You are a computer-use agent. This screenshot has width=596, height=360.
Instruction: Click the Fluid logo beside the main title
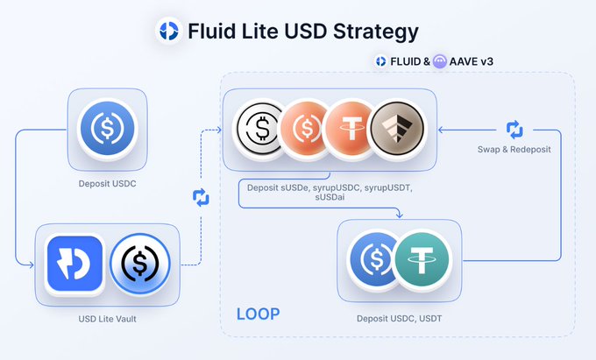click(x=169, y=31)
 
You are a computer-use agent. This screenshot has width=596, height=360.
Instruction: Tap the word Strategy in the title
click(x=375, y=32)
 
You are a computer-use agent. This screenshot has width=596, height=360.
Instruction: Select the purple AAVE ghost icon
click(x=440, y=61)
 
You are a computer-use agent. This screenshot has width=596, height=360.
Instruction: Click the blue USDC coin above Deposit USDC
click(x=108, y=128)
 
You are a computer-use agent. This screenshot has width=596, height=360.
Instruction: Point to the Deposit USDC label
click(x=107, y=183)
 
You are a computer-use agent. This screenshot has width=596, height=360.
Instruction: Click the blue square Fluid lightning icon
click(x=74, y=264)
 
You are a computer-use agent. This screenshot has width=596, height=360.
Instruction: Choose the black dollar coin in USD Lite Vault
click(x=140, y=264)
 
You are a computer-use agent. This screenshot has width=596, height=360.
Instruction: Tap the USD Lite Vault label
click(x=107, y=319)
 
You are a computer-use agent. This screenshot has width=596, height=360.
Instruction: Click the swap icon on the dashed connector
click(x=201, y=197)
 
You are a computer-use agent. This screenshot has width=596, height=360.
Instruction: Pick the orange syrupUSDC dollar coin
click(x=304, y=129)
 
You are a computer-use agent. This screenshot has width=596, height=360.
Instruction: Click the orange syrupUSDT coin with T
click(x=350, y=129)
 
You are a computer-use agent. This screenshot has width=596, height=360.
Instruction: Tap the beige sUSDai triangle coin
click(x=397, y=129)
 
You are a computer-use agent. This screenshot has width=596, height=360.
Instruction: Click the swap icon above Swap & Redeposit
click(x=514, y=130)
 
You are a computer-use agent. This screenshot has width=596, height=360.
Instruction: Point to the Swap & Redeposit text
click(x=514, y=149)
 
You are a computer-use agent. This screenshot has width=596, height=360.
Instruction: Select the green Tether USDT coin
click(x=422, y=260)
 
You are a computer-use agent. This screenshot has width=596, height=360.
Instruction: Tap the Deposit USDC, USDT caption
click(x=399, y=319)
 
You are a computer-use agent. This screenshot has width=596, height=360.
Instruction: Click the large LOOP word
click(x=258, y=314)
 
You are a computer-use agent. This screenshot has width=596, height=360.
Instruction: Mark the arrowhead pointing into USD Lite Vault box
click(x=32, y=265)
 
